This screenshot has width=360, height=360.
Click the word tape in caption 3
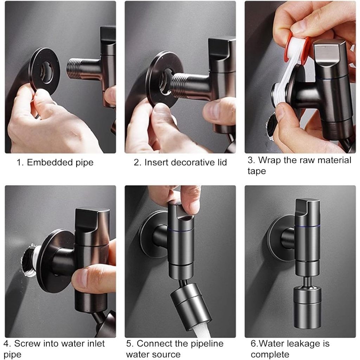pyautogui.click(x=257, y=171)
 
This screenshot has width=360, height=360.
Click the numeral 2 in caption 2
pyautogui.click(x=137, y=162)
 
